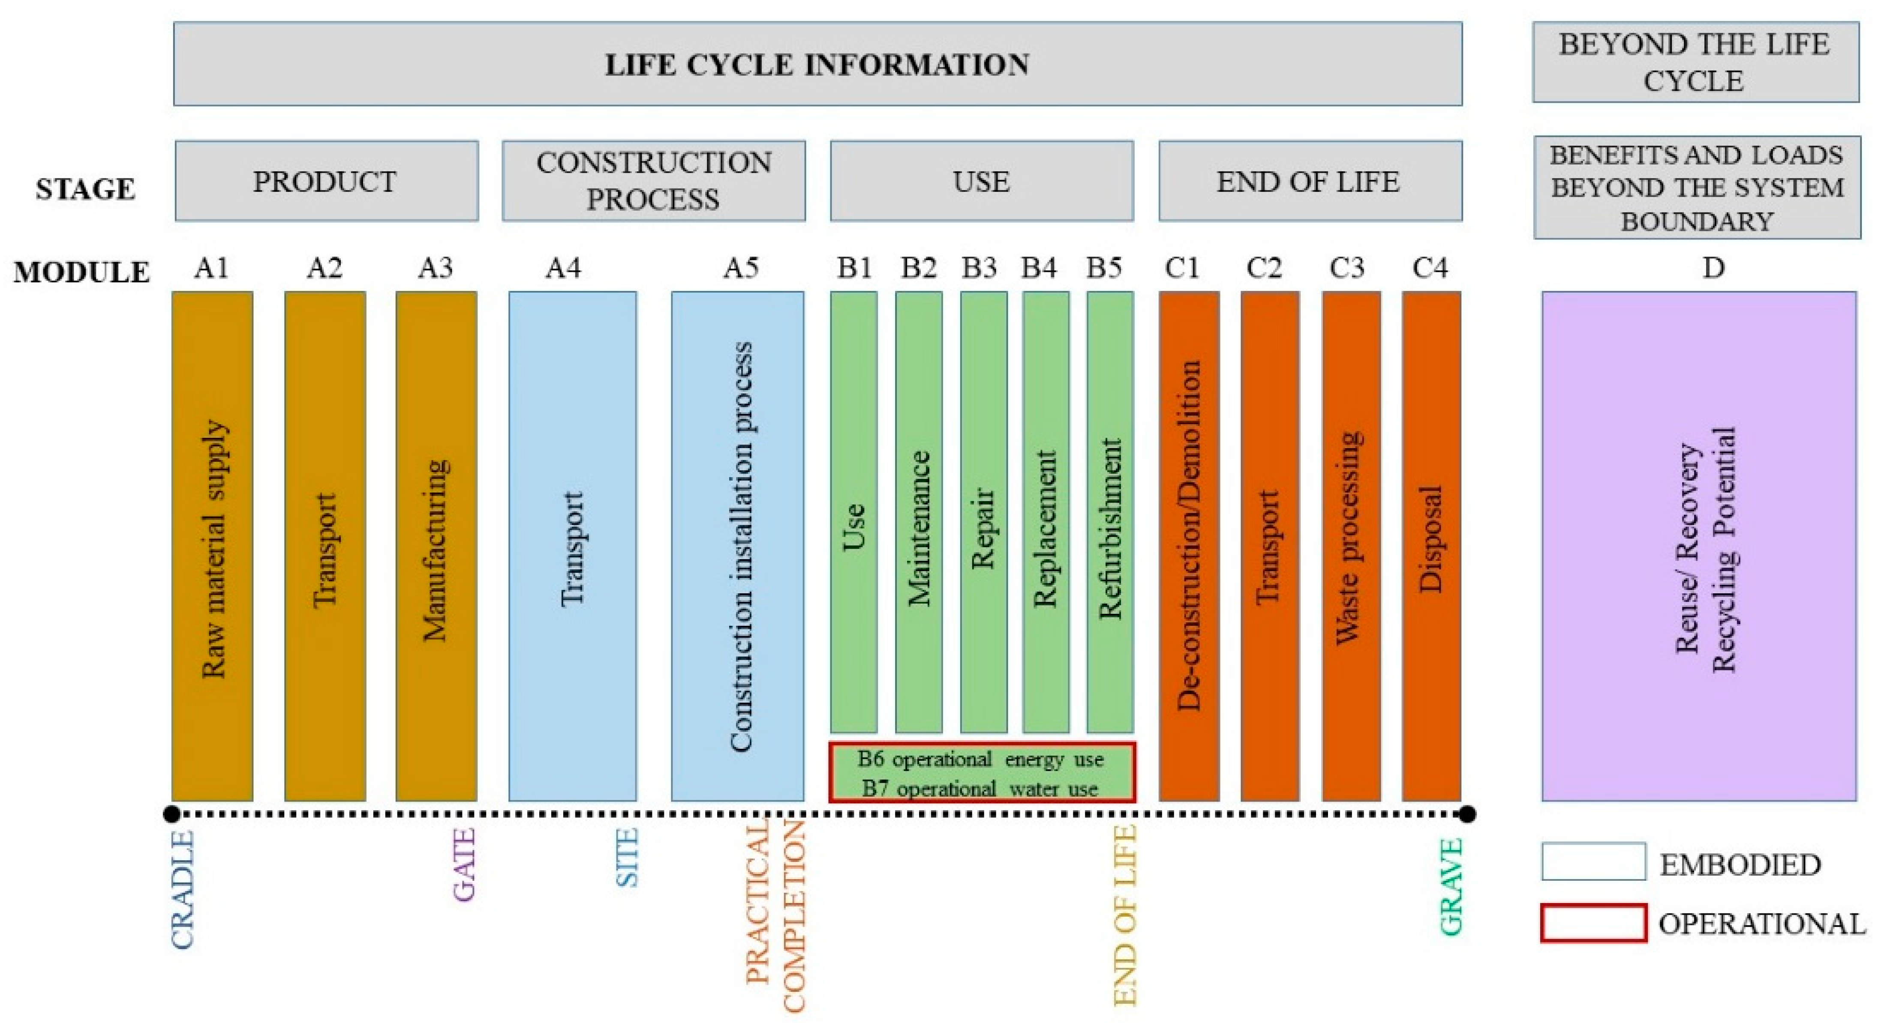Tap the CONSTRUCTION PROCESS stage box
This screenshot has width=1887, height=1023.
coord(653,181)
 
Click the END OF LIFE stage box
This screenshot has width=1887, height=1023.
coord(1310,181)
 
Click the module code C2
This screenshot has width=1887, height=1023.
coord(1264,268)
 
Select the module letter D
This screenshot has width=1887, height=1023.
coord(1713,268)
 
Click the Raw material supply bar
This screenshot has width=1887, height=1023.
coord(213,545)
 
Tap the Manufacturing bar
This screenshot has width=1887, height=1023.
coord(436,545)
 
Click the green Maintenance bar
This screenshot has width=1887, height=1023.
coord(919,513)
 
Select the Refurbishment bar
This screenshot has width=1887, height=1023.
coord(1110,513)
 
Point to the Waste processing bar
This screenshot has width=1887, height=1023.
coord(1351,545)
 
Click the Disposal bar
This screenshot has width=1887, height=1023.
coord(1430,545)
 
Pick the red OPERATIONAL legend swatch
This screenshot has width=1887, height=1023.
coord(1593,923)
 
